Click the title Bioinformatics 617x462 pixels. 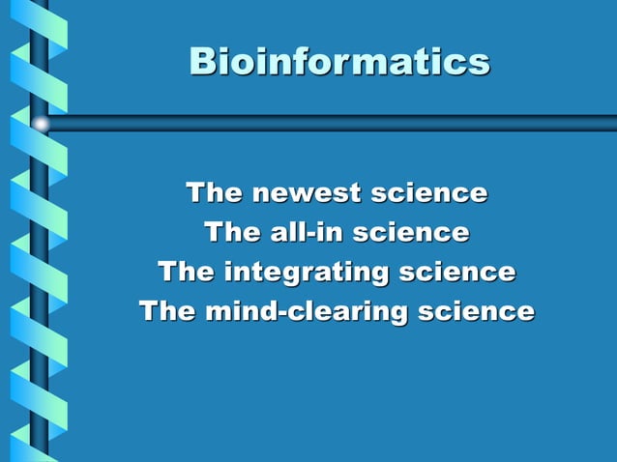pos(339,62)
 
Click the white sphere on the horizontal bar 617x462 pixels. pos(40,124)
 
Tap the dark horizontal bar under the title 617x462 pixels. pos(329,124)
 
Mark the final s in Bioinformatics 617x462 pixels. pos(480,63)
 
